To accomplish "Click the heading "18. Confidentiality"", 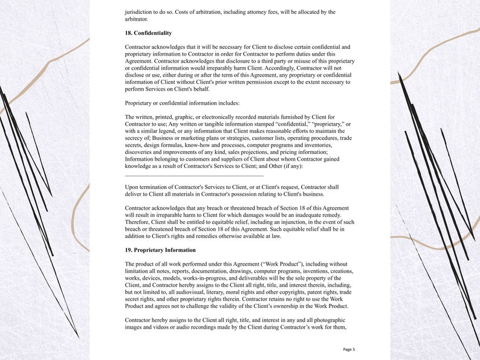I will coord(148,33).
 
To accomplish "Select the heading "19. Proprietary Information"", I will coord(160,250).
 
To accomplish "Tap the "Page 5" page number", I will coord(349,349).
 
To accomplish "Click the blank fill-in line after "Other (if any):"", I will coord(193,175).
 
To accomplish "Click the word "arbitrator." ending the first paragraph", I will coord(136,19).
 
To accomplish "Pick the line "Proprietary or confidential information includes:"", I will coord(182,103).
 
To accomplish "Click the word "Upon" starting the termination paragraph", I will coord(131,187).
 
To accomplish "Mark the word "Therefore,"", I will coord(139,222).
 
